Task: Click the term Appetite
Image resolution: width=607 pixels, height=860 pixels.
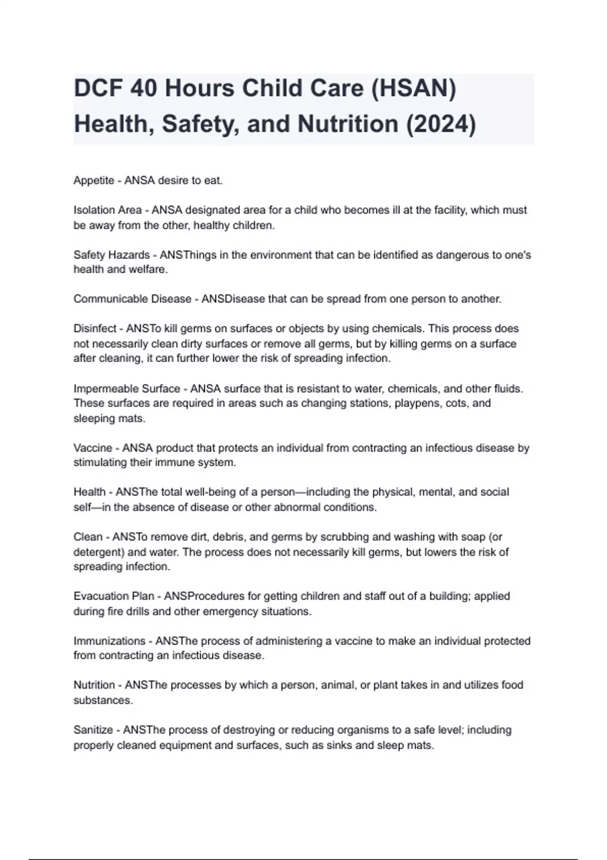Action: click(x=94, y=181)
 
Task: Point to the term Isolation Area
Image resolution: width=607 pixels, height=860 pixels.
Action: click(x=107, y=210)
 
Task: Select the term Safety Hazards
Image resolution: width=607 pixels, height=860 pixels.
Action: click(x=111, y=255)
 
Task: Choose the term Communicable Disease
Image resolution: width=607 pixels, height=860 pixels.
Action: click(x=132, y=299)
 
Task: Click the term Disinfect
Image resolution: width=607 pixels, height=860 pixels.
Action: click(x=95, y=329)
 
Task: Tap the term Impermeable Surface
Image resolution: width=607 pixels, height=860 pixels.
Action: click(x=126, y=389)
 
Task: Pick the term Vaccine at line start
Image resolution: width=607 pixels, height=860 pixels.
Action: click(x=93, y=448)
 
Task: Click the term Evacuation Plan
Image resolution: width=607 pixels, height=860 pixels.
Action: click(x=114, y=596)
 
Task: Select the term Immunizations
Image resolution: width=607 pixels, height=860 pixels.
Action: click(x=109, y=641)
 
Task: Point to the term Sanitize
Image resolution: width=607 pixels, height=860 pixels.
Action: click(x=93, y=730)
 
